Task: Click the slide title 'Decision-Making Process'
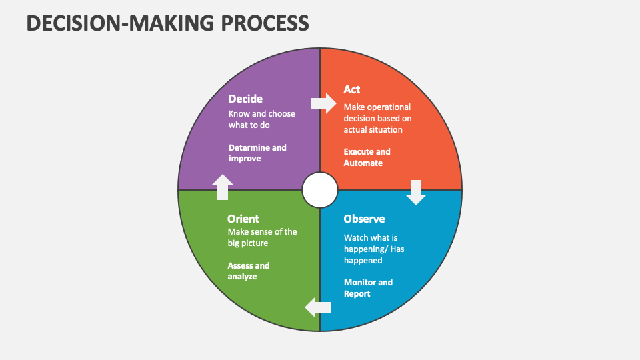168,23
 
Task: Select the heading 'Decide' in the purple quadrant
245,99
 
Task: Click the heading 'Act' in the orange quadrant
352,90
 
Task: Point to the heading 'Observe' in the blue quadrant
364,219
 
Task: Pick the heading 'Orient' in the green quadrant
243,219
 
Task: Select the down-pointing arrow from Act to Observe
417,192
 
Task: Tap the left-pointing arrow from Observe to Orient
318,307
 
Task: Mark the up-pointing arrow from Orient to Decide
223,187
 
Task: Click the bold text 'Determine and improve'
257,153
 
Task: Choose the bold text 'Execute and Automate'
367,157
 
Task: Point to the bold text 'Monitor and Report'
368,288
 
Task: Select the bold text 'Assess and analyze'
249,271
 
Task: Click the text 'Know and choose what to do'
261,119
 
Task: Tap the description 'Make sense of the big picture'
262,237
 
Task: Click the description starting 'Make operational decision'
377,118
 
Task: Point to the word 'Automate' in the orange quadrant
363,163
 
